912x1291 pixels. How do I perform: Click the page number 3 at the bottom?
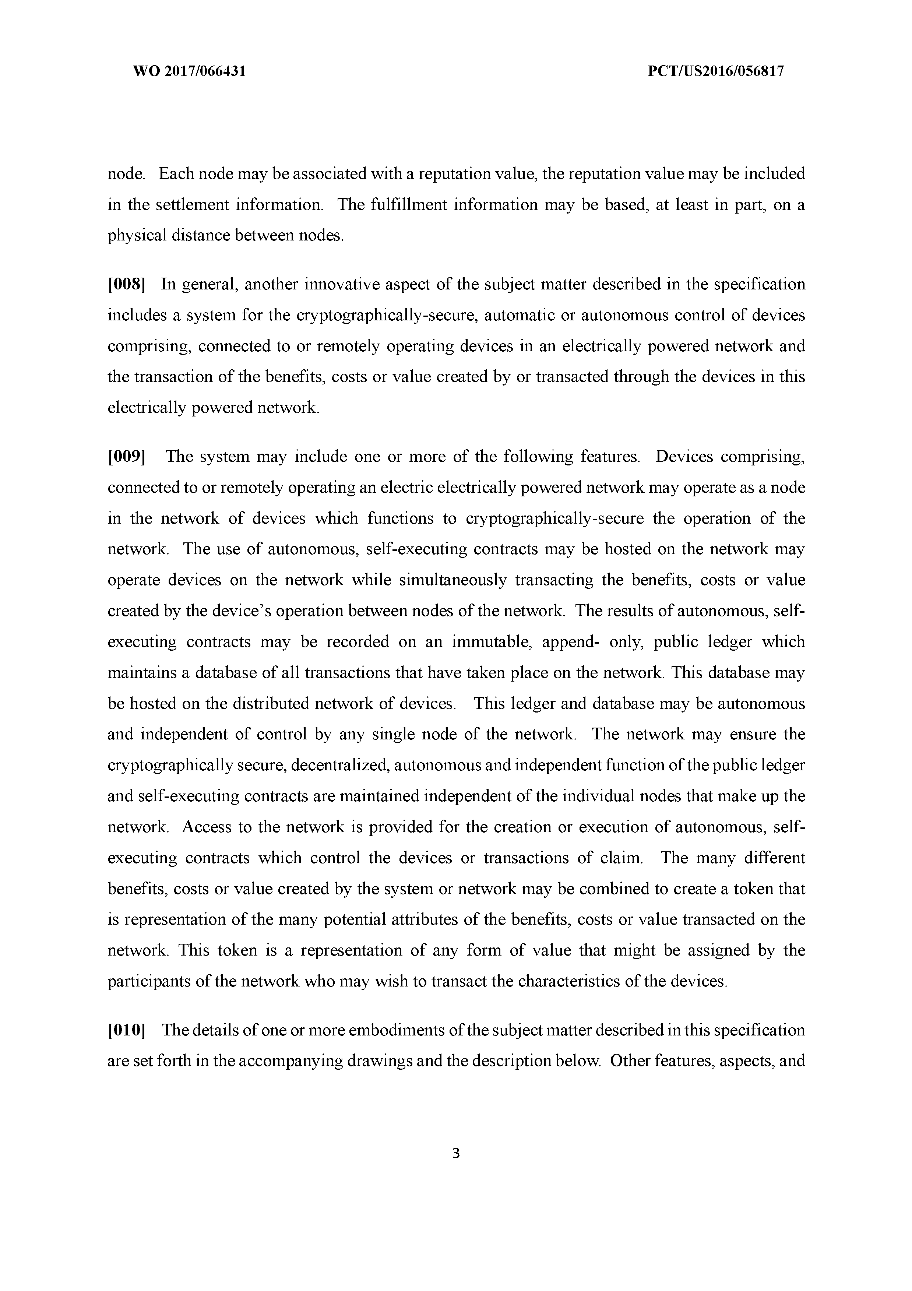point(456,1153)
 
